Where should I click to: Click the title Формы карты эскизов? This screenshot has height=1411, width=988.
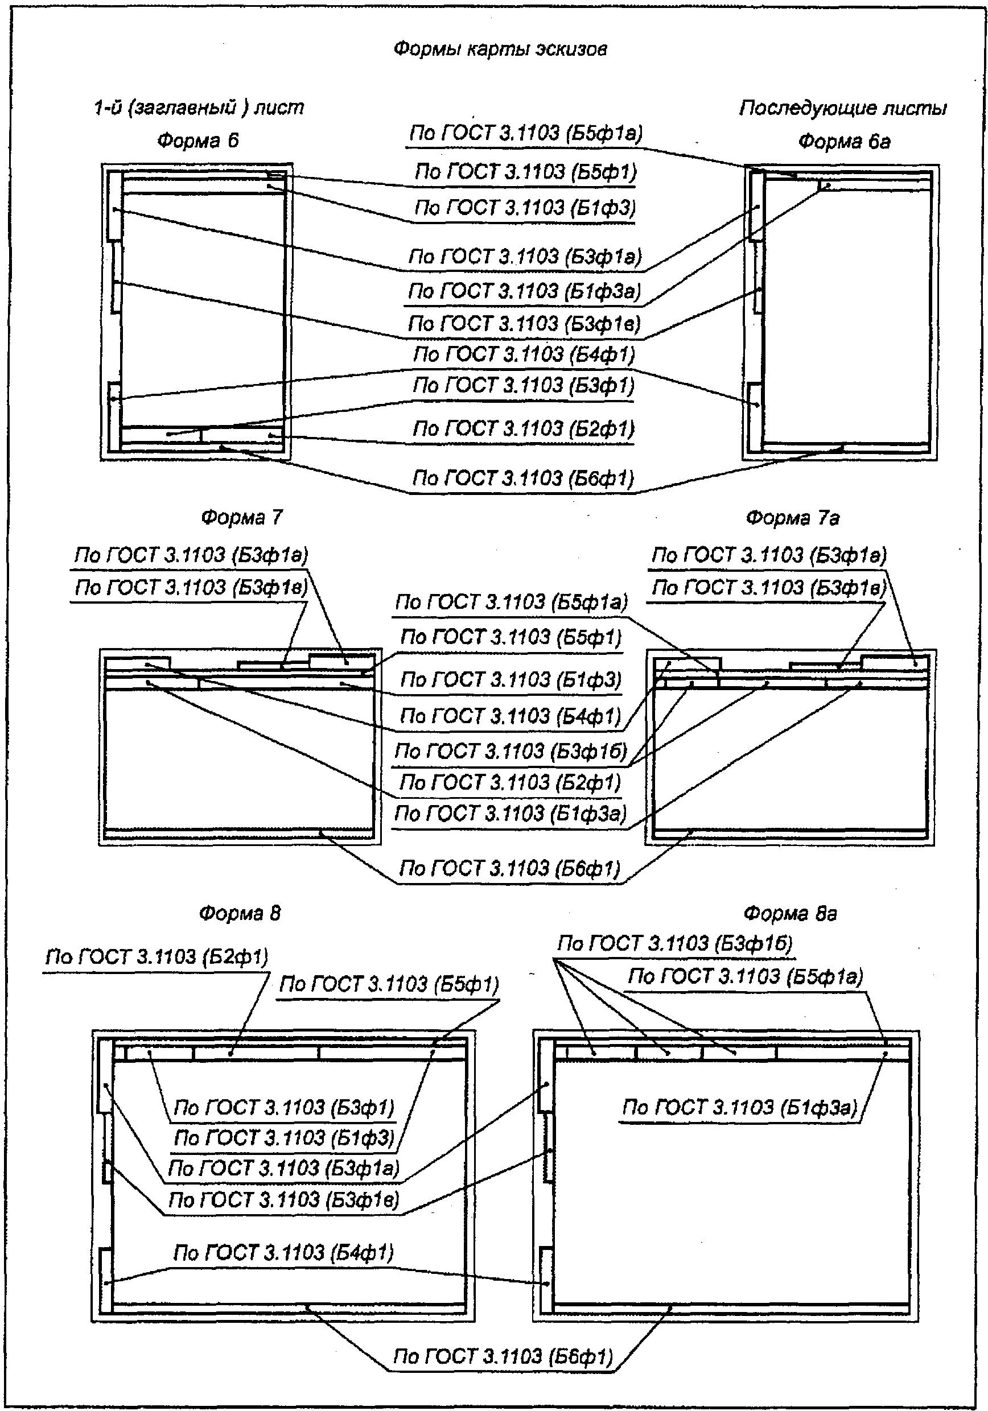pyautogui.click(x=500, y=49)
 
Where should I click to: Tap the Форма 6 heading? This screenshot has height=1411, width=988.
pyautogui.click(x=197, y=141)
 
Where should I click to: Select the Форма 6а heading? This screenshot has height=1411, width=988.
pyautogui.click(x=844, y=142)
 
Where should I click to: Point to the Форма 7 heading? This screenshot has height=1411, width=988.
pyautogui.click(x=242, y=517)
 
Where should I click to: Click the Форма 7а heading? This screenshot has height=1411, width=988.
pyautogui.click(x=792, y=518)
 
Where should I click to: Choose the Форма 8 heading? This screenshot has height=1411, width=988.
pyautogui.click(x=240, y=913)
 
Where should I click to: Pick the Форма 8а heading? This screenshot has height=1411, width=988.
pyautogui.click(x=790, y=914)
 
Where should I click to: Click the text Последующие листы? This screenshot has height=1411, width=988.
pyautogui.click(x=843, y=109)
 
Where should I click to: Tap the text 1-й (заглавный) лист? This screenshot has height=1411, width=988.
pyautogui.click(x=199, y=108)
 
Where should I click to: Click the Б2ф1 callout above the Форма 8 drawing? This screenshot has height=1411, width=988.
pyautogui.click(x=157, y=956)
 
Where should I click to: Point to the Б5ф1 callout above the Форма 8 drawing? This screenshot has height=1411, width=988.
pyautogui.click(x=389, y=984)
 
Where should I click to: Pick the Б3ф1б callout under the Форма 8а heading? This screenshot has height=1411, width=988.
pyautogui.click(x=675, y=943)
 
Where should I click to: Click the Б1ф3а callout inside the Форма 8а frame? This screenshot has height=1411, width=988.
pyautogui.click(x=739, y=1107)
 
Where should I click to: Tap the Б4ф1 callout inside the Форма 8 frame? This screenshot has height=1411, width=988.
pyautogui.click(x=283, y=1252)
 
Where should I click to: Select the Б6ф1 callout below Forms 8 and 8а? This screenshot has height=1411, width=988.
pyautogui.click(x=503, y=1356)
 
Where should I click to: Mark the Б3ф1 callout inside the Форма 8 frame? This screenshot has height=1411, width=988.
pyautogui.click(x=283, y=1107)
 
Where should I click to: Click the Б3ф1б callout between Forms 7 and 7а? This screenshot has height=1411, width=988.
pyautogui.click(x=511, y=751)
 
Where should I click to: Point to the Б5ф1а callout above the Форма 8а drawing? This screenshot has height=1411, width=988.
pyautogui.click(x=745, y=976)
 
